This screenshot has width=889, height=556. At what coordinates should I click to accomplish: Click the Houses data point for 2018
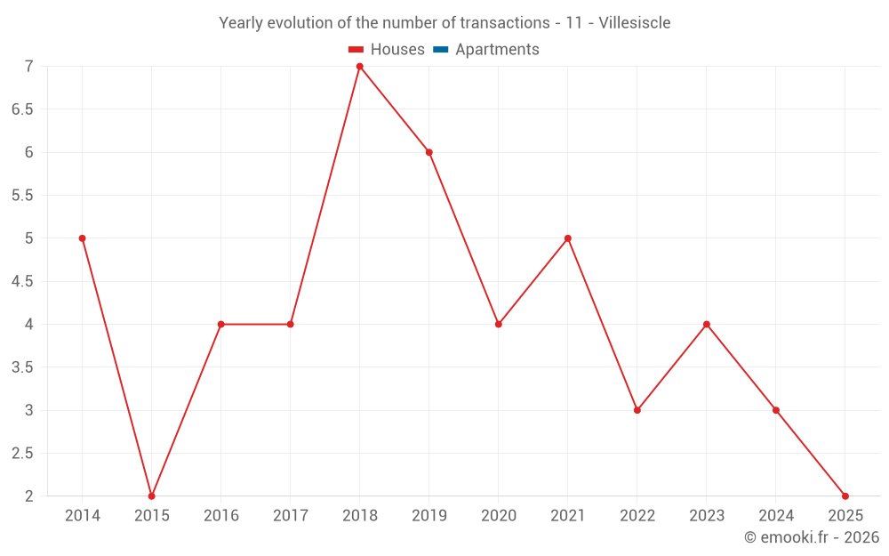click(x=360, y=67)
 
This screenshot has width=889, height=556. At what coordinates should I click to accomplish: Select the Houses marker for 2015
click(x=152, y=496)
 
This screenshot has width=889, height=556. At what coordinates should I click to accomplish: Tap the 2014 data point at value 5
click(x=83, y=238)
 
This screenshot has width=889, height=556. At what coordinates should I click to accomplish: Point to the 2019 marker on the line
click(x=429, y=152)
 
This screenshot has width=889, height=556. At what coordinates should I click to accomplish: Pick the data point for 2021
click(x=568, y=238)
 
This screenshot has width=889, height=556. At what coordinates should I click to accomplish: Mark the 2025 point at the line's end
click(x=845, y=496)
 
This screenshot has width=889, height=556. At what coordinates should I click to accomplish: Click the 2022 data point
click(x=637, y=410)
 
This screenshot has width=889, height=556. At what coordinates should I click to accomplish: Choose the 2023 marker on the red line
click(x=707, y=324)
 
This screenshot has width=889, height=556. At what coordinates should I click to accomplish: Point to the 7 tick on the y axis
click(x=29, y=67)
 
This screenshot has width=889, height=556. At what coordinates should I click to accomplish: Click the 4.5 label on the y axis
click(x=22, y=281)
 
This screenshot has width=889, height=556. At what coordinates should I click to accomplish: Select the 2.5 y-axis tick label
click(x=22, y=454)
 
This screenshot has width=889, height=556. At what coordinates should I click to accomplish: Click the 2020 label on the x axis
click(x=499, y=516)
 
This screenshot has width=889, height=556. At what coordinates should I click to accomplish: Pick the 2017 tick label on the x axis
click(x=291, y=516)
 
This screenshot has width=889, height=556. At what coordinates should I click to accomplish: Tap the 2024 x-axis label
click(x=776, y=516)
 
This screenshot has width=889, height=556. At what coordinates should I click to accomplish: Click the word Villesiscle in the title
click(x=635, y=22)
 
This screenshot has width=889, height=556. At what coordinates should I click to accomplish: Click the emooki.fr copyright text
click(x=812, y=537)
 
